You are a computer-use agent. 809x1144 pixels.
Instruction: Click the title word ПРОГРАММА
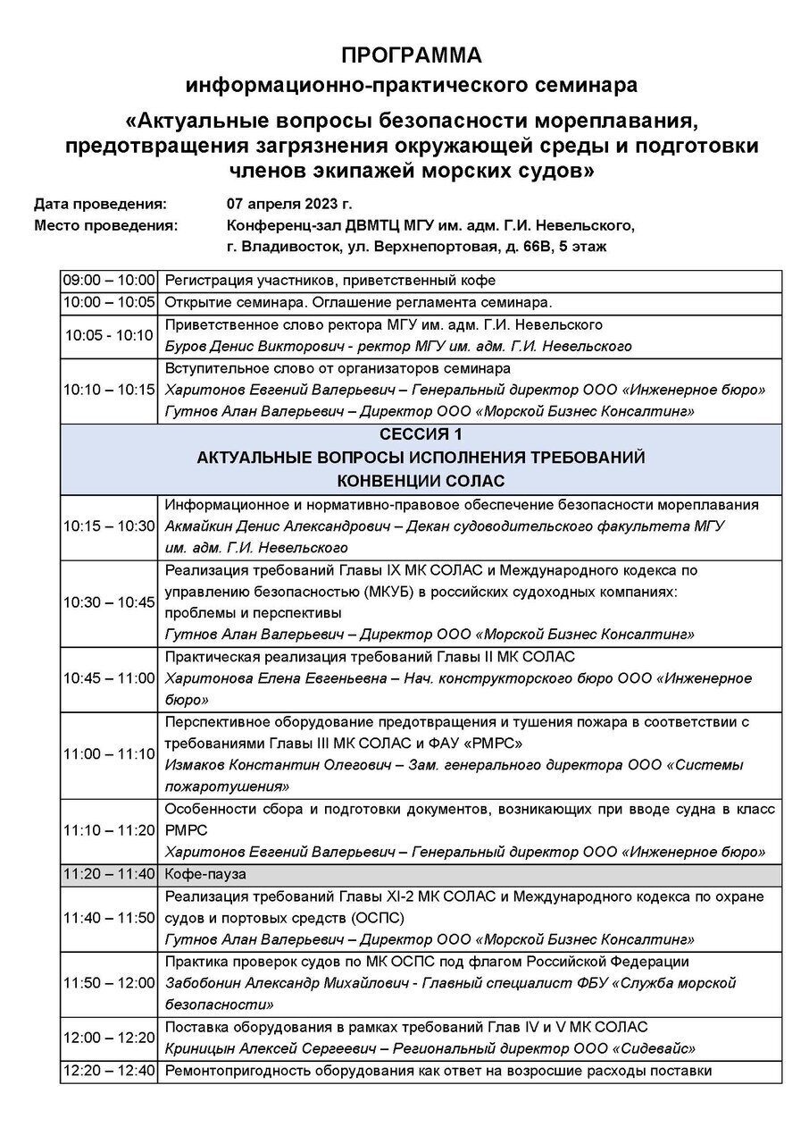tap(411, 55)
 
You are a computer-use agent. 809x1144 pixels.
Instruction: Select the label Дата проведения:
tap(100, 203)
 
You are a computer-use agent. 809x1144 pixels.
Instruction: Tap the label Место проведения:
tap(105, 224)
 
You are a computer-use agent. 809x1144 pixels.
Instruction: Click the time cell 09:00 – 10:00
tap(109, 281)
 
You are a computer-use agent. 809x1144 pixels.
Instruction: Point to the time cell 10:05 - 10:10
tap(109, 335)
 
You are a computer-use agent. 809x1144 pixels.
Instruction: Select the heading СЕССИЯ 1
tap(421, 435)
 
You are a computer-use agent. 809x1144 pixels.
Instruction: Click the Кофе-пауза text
tap(205, 873)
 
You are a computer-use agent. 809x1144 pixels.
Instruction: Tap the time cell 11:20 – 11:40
tap(109, 873)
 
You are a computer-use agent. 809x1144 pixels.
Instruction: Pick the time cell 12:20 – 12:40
tap(109, 1071)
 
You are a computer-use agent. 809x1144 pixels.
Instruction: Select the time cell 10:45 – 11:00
tap(109, 678)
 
